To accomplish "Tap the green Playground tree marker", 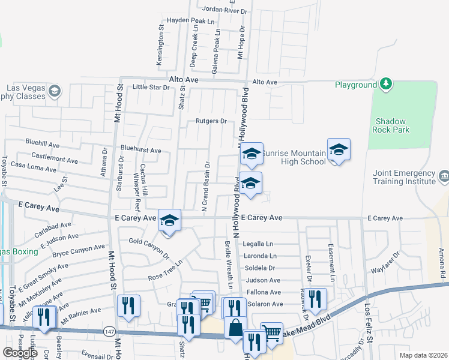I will coord(386,84).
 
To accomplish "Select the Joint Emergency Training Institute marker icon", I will coord(444,176).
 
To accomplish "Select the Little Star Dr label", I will coord(151,87).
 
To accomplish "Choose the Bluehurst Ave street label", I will coord(140,150).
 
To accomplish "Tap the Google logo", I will coord(20,353).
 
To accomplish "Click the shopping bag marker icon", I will coord(235,328).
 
